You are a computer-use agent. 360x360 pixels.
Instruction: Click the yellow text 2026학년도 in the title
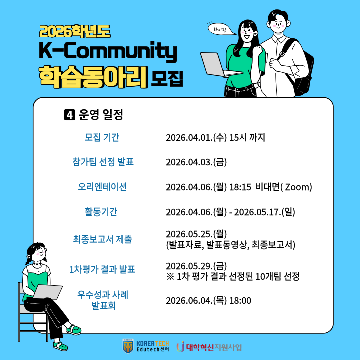click(x=75, y=31)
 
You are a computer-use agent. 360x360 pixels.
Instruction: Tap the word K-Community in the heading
click(x=108, y=51)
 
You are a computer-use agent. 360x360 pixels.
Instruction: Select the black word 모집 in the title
click(x=167, y=79)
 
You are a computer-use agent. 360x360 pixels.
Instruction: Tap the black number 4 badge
click(x=70, y=115)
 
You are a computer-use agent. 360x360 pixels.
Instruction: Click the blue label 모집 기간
click(x=102, y=137)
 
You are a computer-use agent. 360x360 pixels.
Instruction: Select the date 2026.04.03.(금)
click(x=196, y=162)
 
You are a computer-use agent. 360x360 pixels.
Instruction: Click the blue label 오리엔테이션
click(x=102, y=187)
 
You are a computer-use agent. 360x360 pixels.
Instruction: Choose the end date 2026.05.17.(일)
click(x=264, y=212)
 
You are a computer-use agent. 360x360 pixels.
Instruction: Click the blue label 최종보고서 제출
click(x=103, y=239)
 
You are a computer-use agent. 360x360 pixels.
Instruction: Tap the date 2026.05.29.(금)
click(x=196, y=266)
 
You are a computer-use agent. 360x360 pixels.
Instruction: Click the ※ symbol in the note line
click(x=170, y=277)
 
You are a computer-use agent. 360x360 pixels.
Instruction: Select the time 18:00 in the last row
click(x=240, y=301)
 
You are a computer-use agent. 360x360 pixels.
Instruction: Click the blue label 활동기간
click(x=101, y=211)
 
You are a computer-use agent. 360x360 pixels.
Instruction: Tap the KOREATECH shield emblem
click(x=128, y=346)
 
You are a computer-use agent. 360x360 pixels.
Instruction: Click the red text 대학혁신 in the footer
click(x=199, y=347)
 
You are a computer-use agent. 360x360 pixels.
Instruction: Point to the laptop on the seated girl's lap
click(x=48, y=292)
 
